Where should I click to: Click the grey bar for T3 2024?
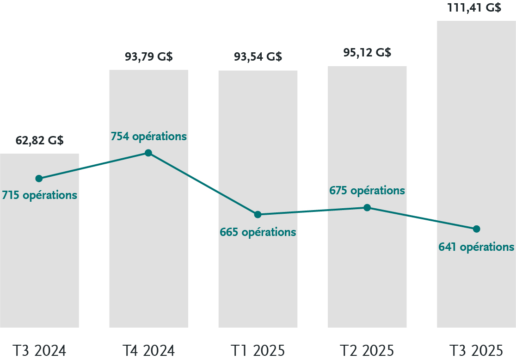point(39,259)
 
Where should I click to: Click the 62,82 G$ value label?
point(39,140)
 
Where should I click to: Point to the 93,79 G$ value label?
point(148,57)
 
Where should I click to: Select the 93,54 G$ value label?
point(258,57)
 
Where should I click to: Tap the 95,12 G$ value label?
point(367,52)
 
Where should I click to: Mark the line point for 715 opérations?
point(39,179)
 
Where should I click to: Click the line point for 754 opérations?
point(148,153)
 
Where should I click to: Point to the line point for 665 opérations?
point(258,214)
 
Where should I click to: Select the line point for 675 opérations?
point(367,207)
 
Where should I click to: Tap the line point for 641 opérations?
point(477,229)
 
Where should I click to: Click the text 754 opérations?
point(148,137)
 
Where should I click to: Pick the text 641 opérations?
point(476,247)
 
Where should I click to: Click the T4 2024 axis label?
point(148,350)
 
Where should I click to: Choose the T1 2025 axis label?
point(258,350)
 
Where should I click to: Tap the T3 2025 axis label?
point(476,350)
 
